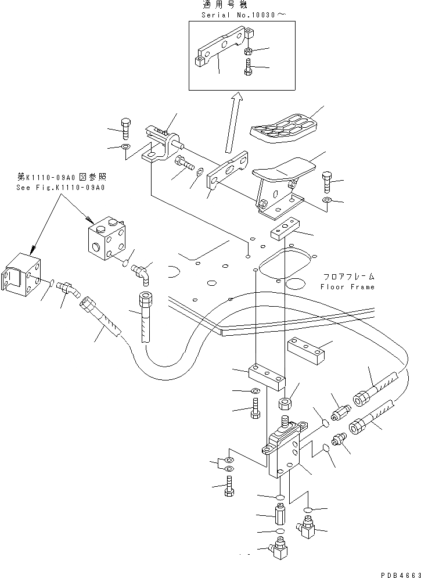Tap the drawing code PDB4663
point(397,572)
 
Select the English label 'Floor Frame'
point(347,287)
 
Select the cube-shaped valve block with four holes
point(106,238)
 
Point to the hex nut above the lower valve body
point(286,403)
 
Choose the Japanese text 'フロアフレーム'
point(347,277)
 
